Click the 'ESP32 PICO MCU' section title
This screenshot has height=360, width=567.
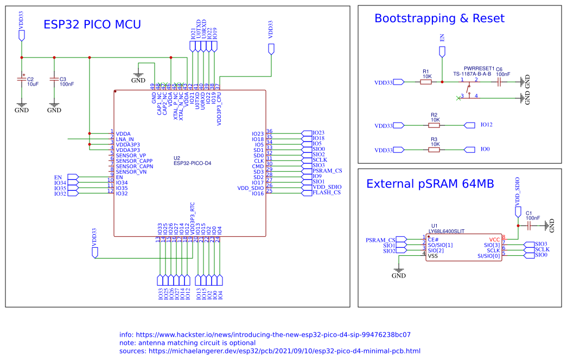coord(92,24)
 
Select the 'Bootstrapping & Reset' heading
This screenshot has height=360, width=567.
coord(439,18)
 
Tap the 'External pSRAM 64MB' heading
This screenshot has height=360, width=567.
coord(430,184)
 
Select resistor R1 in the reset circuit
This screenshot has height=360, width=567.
coord(426,82)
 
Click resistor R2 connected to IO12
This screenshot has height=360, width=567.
coord(434,125)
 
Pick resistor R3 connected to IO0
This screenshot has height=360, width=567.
coord(434,149)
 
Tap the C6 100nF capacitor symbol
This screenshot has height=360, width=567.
coord(499,82)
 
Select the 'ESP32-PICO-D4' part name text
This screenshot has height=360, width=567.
coord(192,163)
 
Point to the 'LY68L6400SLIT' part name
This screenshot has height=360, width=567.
coord(447,231)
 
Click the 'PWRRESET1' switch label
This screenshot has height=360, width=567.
coord(479,68)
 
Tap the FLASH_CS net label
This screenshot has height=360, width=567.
coord(326,192)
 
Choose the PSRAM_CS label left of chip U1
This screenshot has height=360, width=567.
coord(380,240)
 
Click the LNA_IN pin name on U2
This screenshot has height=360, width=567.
coord(125,139)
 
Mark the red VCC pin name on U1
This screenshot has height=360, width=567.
coord(494,239)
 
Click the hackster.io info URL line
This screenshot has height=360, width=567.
coord(265,335)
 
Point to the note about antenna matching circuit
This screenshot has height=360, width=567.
coord(187,343)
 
